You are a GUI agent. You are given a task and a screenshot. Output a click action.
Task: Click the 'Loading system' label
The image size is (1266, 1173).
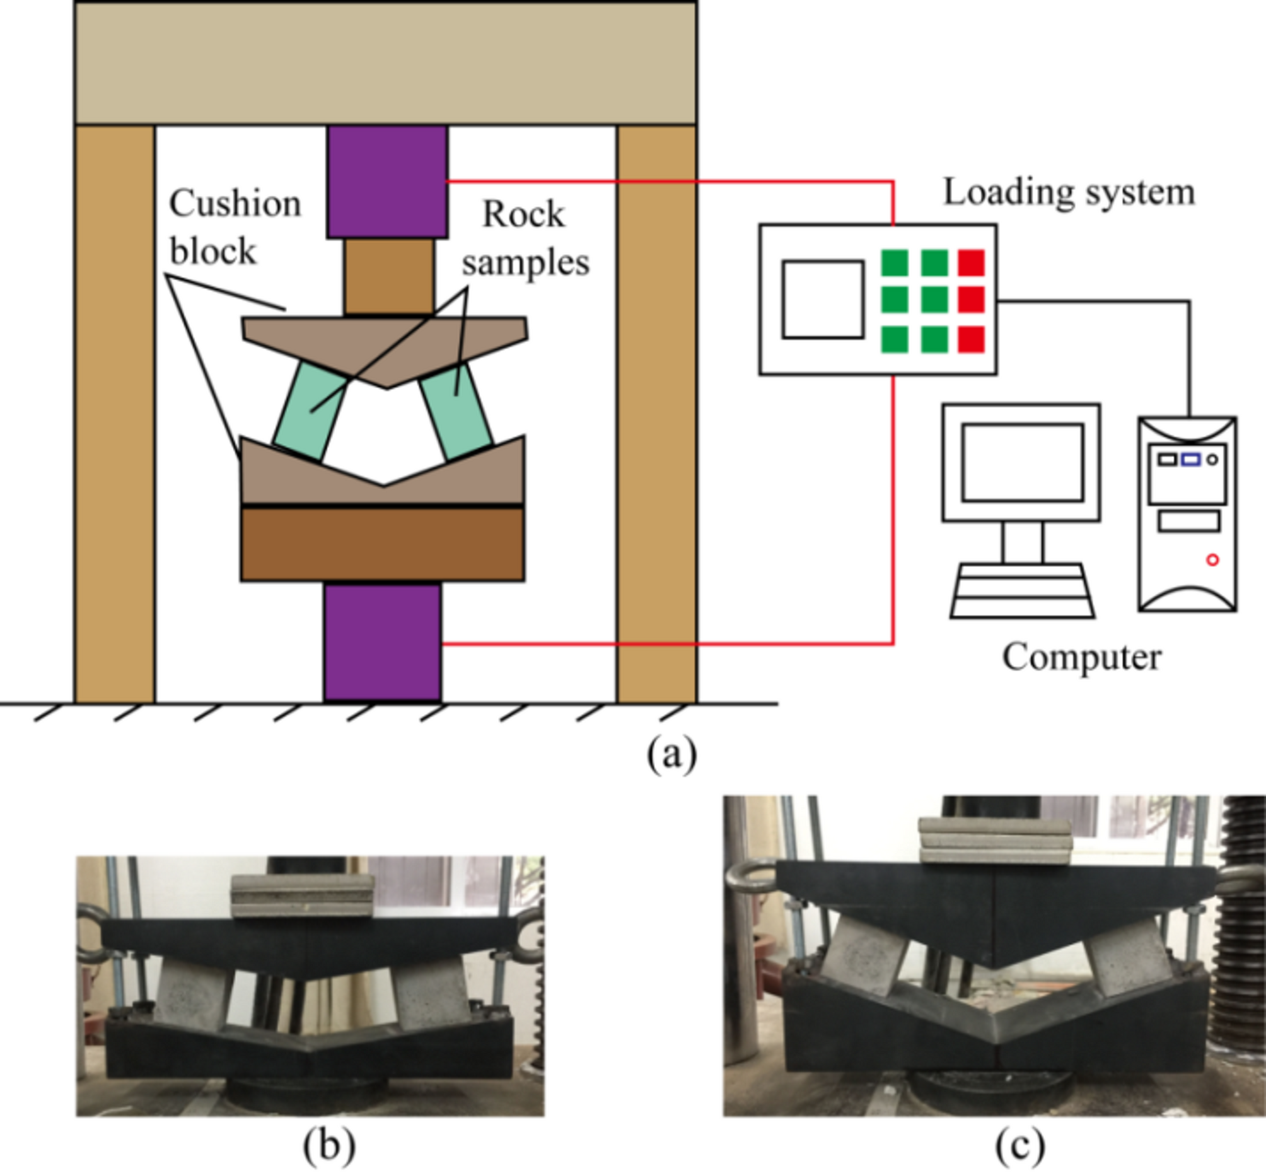[x=1069, y=192]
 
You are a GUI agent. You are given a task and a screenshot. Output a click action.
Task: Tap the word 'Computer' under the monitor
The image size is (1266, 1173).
[x=1081, y=657]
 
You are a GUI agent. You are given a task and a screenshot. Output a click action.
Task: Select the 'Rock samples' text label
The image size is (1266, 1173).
[x=525, y=238]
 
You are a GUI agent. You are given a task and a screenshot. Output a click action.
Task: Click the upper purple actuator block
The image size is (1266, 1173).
[x=387, y=182]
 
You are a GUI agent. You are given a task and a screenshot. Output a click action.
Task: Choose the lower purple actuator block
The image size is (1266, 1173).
[x=383, y=643]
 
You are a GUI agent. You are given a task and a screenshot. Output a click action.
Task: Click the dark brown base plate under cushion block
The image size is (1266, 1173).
[x=383, y=544]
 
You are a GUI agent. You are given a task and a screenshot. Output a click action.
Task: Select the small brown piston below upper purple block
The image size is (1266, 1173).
[x=389, y=276]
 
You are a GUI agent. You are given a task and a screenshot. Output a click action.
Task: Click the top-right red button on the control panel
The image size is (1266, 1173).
[x=971, y=263]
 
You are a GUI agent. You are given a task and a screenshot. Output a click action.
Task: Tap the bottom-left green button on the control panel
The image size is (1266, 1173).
[x=895, y=339]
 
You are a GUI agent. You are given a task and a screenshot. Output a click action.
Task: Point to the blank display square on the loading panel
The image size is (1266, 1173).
[x=823, y=299]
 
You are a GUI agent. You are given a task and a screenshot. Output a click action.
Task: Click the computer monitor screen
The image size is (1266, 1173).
[x=1022, y=462]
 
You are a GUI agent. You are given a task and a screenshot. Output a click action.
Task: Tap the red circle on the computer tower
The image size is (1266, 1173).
[x=1212, y=560]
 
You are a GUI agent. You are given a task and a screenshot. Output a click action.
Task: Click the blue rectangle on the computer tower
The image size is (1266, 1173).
[x=1190, y=460]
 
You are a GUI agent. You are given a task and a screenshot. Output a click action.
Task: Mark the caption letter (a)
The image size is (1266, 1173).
[x=671, y=755]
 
